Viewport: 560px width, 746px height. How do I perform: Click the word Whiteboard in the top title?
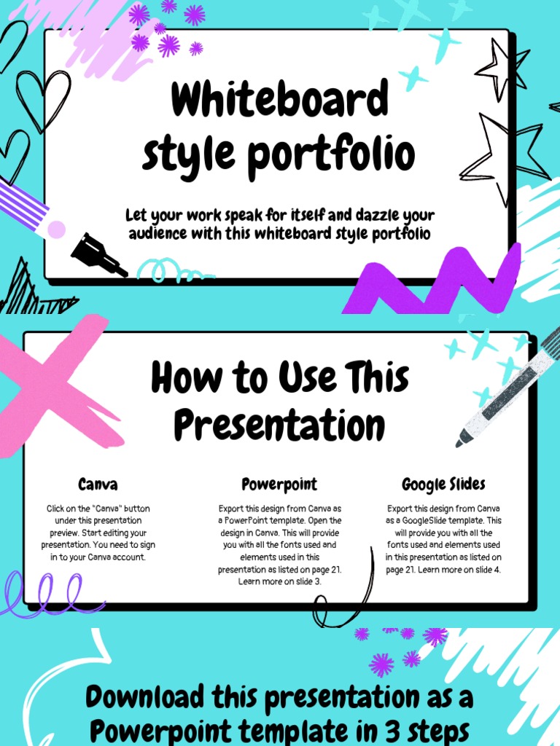(x=279, y=101)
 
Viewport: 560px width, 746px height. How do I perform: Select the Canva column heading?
(x=98, y=484)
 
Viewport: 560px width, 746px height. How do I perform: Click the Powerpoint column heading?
(x=279, y=484)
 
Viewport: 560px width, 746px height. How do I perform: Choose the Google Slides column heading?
(x=443, y=484)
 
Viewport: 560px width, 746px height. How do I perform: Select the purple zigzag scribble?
(x=437, y=280)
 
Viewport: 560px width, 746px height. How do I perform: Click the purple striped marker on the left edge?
(x=26, y=204)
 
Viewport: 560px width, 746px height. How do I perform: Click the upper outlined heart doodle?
(x=44, y=98)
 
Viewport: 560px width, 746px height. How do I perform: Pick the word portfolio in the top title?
(x=343, y=154)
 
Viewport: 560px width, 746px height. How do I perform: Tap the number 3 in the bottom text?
(x=401, y=729)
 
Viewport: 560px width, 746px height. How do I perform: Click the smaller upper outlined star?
(x=503, y=69)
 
